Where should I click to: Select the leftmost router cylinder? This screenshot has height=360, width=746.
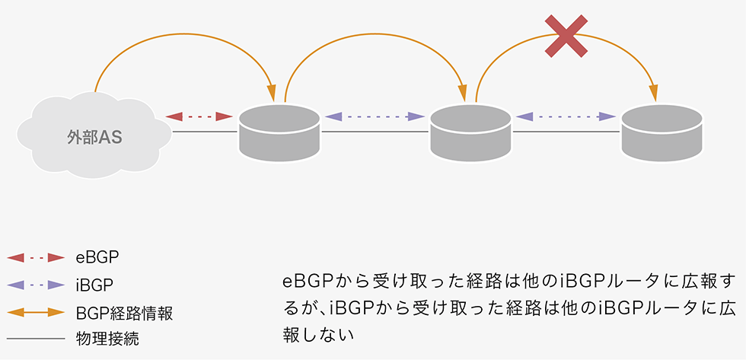click(279, 133)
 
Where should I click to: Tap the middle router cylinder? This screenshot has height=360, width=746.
click(470, 133)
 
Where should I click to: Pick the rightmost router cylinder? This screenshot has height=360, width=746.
click(662, 133)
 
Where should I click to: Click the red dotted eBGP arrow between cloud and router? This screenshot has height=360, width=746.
click(199, 116)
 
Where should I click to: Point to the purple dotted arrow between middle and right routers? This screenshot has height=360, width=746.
click(566, 116)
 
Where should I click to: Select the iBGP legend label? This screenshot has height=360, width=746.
click(95, 285)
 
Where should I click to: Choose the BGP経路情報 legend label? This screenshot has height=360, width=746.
click(125, 312)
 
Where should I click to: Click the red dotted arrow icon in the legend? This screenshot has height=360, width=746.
click(35, 257)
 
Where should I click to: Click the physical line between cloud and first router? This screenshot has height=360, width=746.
click(204, 132)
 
